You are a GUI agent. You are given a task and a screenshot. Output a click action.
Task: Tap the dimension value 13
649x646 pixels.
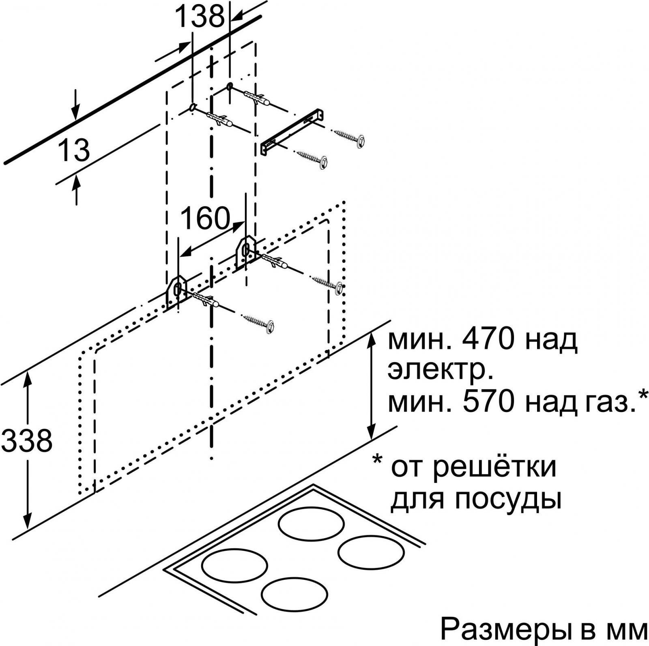click(73, 150)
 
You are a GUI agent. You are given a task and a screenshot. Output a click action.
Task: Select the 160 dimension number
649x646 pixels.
click(205, 219)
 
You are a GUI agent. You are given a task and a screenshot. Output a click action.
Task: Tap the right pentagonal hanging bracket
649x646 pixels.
click(246, 253)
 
